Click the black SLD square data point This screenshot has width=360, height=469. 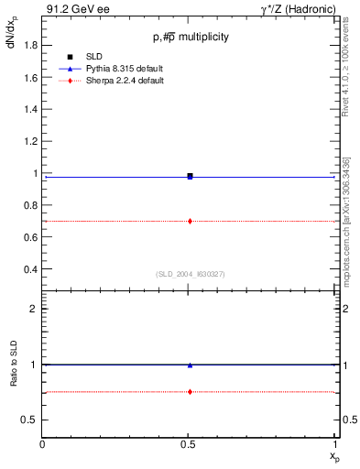coord(190,175)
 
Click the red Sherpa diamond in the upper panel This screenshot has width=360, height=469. coord(190,221)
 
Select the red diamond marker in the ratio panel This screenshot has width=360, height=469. coord(190,392)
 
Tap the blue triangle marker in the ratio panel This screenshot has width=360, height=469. coord(190,365)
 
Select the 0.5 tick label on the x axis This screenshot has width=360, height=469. coord(190,445)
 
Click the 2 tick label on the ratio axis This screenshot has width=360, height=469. coord(33,310)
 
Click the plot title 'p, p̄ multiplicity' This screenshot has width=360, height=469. coord(191,37)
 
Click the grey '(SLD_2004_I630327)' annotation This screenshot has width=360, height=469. coord(190,274)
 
